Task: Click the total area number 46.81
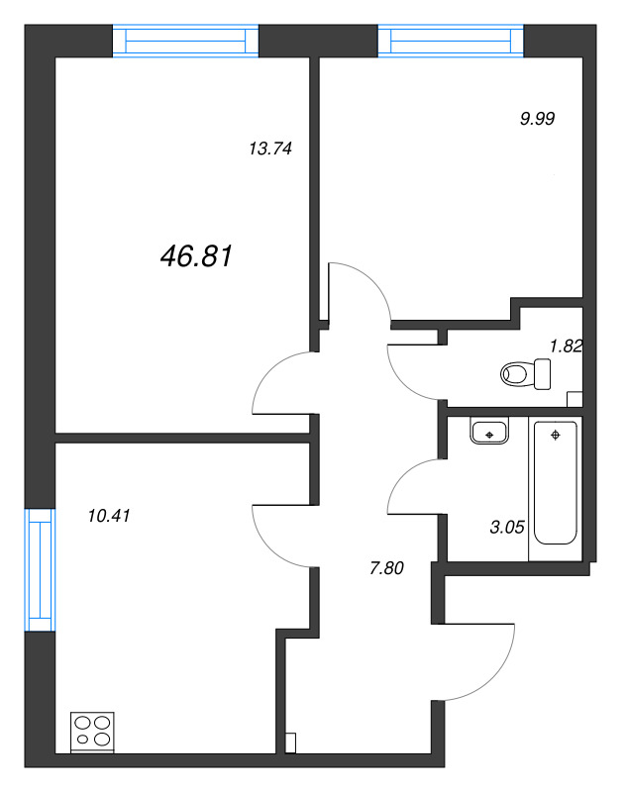(196, 257)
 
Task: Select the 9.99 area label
(537, 117)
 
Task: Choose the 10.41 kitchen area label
(110, 515)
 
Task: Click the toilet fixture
(524, 374)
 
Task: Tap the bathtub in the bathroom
(557, 483)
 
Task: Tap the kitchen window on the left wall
(40, 568)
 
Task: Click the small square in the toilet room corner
(574, 399)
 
